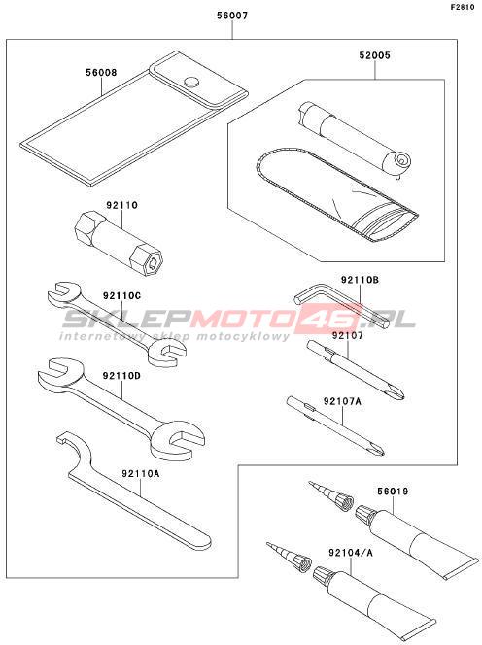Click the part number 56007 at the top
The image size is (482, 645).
[x=232, y=16]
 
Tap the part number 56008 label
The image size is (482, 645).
[x=101, y=73]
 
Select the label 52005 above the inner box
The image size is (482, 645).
[x=374, y=55]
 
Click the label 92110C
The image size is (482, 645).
[x=121, y=295]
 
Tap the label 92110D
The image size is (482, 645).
[x=121, y=376]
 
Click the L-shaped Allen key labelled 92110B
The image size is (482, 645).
[x=329, y=305]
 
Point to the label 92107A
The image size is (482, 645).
[x=342, y=400]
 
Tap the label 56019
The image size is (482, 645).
[x=393, y=492]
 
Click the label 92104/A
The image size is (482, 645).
[x=351, y=553]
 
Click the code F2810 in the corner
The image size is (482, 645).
[x=462, y=7]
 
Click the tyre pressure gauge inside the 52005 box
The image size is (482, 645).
[x=355, y=139]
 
